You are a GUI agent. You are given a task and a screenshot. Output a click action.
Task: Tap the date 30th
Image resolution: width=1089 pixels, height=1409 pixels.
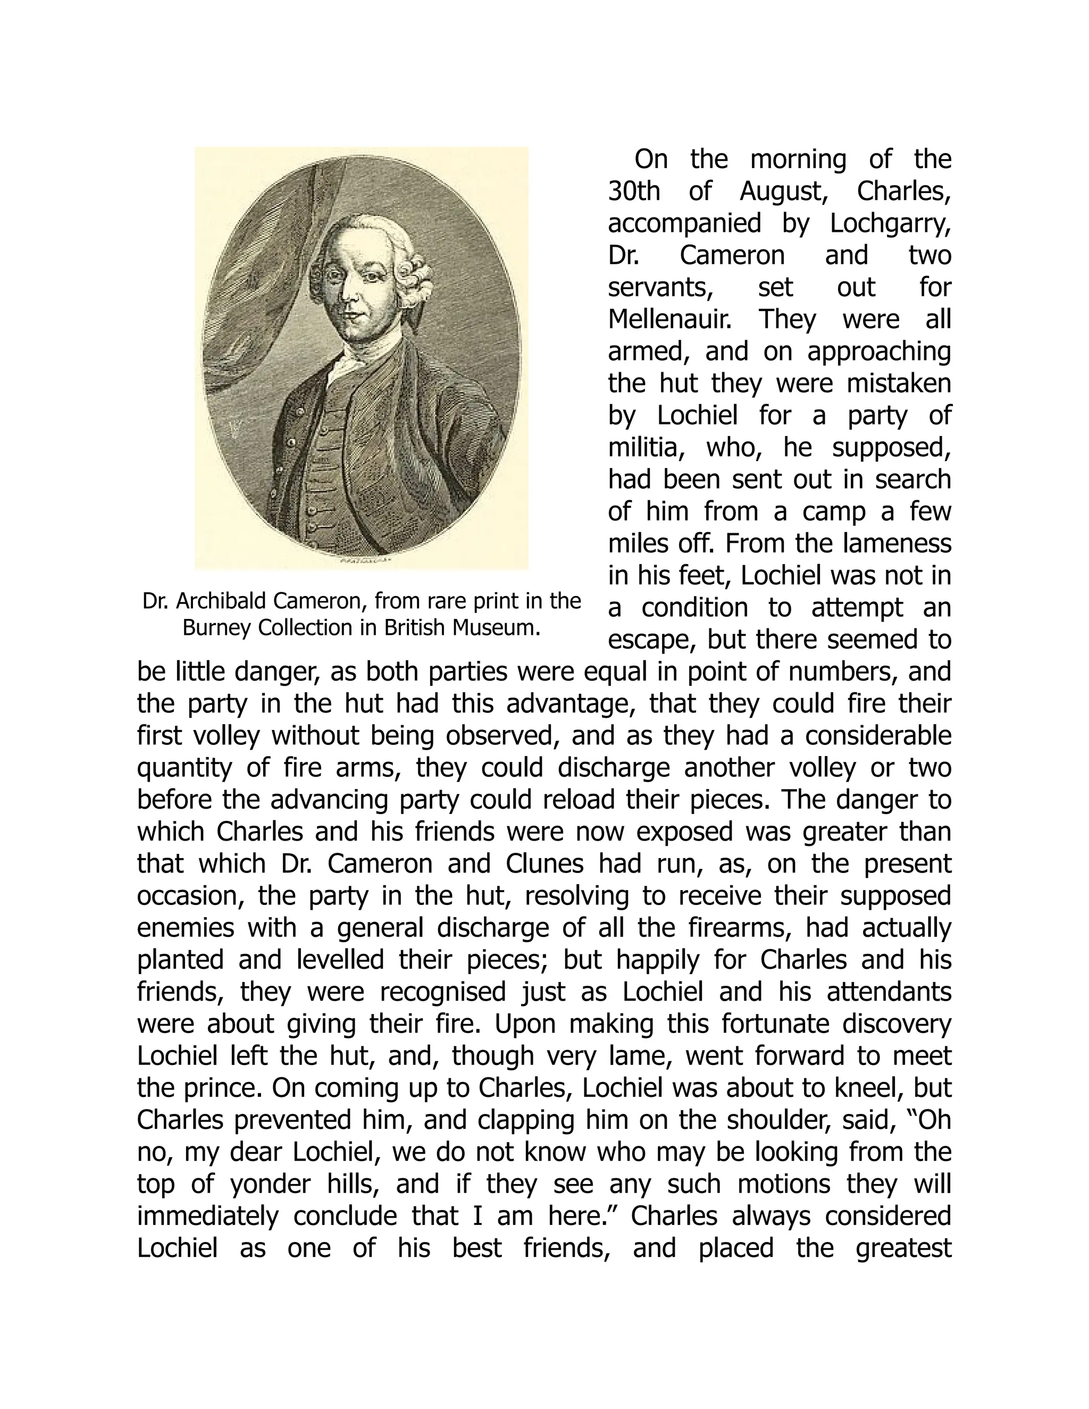(x=634, y=191)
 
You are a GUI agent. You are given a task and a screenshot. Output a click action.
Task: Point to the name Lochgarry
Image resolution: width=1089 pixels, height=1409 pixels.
(x=890, y=223)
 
